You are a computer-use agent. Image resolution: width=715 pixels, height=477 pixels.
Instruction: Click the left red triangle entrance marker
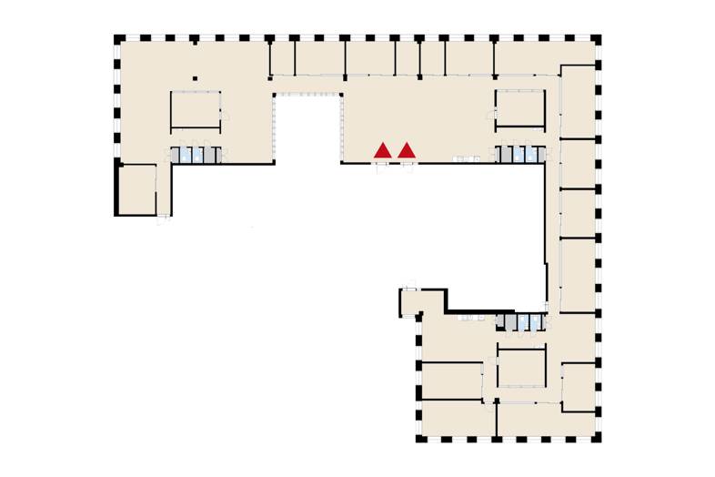384,150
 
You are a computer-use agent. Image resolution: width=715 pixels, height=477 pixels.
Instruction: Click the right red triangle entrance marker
407,150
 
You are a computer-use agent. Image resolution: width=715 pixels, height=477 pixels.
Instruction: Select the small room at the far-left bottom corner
136,188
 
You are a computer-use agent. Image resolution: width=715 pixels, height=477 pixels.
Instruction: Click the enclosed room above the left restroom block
196,110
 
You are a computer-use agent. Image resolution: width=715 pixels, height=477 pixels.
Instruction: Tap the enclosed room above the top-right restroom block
519,107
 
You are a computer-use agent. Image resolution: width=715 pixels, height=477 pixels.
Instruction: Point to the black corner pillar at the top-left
118,39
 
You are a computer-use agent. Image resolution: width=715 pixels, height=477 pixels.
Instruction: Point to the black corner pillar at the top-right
598,39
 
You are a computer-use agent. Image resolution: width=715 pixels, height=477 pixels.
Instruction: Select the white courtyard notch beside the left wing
307,127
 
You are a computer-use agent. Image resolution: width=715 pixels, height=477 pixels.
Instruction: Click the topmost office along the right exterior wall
577,100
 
